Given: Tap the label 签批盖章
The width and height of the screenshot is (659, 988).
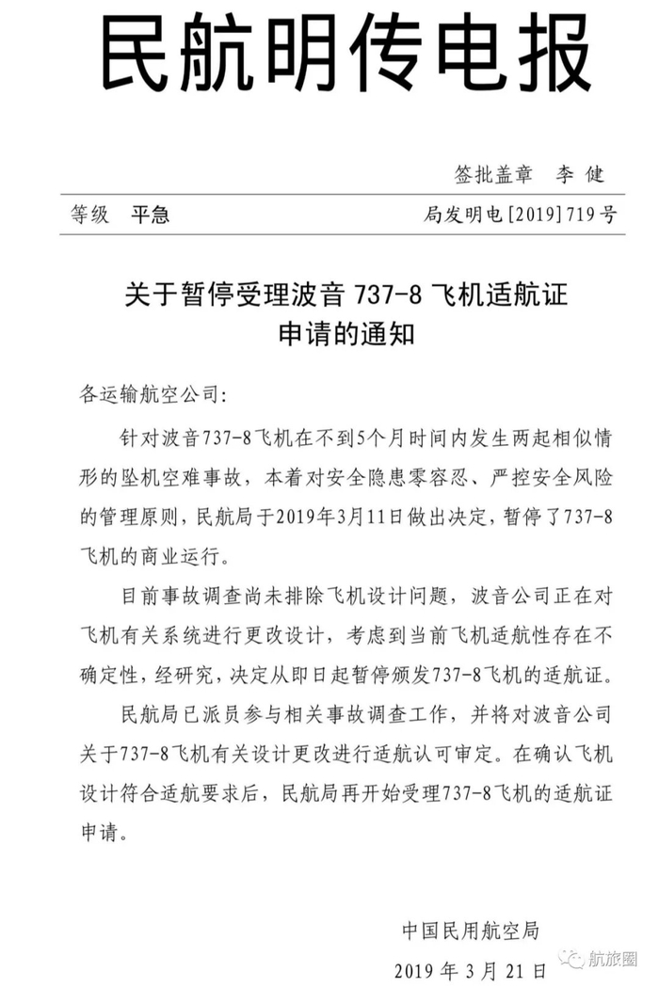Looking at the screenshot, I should [x=493, y=175].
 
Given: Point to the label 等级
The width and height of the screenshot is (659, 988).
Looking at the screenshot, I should [x=89, y=215].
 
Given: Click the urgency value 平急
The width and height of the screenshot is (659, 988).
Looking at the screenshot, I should [x=151, y=215].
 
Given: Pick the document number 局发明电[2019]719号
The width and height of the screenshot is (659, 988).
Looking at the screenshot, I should [x=521, y=215].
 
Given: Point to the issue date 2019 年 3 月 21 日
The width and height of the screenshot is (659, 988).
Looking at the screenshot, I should [x=471, y=970].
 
